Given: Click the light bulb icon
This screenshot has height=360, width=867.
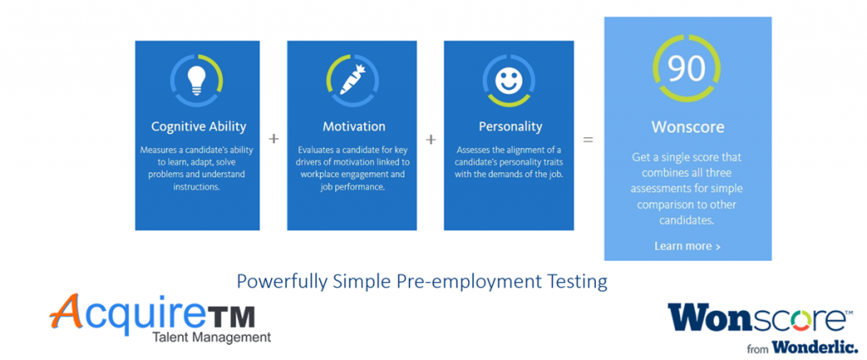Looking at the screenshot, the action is (196, 80).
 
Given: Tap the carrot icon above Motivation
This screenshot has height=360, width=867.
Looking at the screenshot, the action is (351, 80).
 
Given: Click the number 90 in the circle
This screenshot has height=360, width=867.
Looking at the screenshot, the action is (686, 68).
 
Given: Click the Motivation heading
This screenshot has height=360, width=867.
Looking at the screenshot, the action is (354, 126).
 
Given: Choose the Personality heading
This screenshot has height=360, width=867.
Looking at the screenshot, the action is (511, 127).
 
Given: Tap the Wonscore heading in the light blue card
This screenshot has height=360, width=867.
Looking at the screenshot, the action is (688, 127).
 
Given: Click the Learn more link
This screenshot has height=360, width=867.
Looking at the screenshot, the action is (688, 246).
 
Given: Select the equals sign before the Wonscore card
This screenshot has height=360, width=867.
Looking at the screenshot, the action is (588, 140).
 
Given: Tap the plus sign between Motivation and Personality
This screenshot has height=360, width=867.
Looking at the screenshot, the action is (431, 140).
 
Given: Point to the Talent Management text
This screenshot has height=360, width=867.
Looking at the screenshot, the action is (212, 337).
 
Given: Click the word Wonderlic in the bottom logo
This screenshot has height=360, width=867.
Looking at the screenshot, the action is (815, 347).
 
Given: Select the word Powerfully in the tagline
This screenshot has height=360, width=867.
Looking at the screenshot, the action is (282, 281).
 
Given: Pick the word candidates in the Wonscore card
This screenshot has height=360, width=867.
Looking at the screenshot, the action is (688, 220).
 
